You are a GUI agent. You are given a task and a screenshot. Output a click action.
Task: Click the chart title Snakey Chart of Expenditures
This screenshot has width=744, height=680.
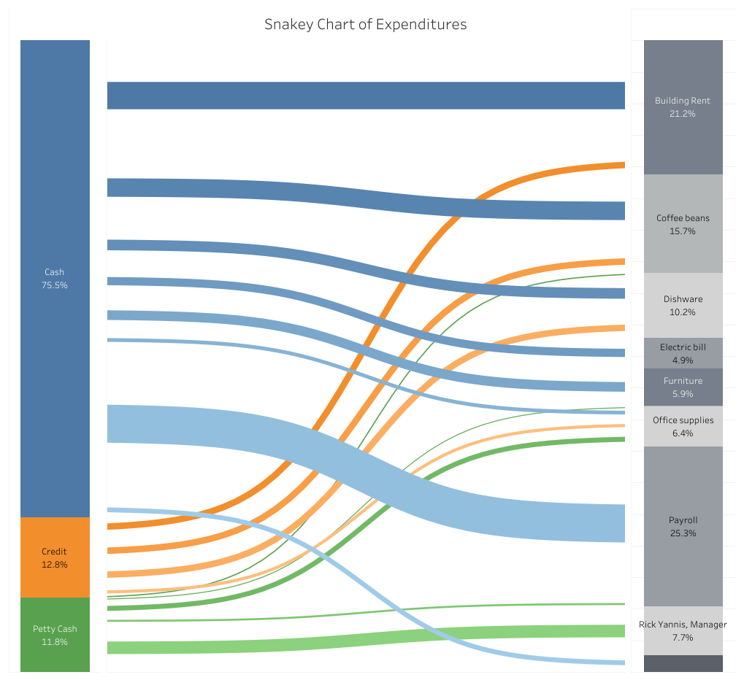pos(365,24)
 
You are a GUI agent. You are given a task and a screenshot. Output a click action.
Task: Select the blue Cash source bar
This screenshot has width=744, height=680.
pos(55,279)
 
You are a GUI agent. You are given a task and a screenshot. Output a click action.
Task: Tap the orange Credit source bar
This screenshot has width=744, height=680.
pos(55,557)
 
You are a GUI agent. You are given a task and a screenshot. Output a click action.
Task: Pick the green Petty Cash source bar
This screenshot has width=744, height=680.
pos(55,635)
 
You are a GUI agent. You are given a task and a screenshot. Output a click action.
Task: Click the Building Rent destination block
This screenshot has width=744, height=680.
pos(683,107)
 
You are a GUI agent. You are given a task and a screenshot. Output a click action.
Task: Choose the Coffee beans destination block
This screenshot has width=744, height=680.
pos(683,223)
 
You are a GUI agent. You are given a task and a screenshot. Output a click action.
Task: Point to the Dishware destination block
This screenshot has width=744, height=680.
pos(683,305)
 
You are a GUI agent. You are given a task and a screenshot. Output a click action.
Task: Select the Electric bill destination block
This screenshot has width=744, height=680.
pos(683,353)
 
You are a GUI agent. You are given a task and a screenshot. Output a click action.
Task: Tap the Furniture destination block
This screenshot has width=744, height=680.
pos(683,387)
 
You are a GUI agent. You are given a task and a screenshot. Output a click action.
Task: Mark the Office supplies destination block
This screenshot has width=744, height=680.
pos(683,426)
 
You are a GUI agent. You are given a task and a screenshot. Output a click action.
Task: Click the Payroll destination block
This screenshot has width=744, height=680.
pos(683,526)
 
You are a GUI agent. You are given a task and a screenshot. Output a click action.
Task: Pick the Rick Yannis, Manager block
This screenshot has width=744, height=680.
pos(683,630)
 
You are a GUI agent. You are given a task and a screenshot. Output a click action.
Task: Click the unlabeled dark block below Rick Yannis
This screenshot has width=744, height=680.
pos(683,663)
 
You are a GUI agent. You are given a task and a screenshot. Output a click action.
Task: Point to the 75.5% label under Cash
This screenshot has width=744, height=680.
pos(55,285)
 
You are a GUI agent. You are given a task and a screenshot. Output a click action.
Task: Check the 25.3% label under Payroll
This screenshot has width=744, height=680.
pos(683,533)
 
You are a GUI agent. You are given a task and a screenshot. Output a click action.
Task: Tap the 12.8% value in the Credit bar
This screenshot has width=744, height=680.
pos(55,564)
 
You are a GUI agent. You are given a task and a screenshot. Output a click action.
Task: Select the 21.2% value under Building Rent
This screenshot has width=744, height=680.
pos(683,113)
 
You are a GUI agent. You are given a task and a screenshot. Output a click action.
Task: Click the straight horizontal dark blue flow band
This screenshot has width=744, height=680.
pos(366,96)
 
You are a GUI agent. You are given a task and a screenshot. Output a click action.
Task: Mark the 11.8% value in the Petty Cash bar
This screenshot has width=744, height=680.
pos(55,641)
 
